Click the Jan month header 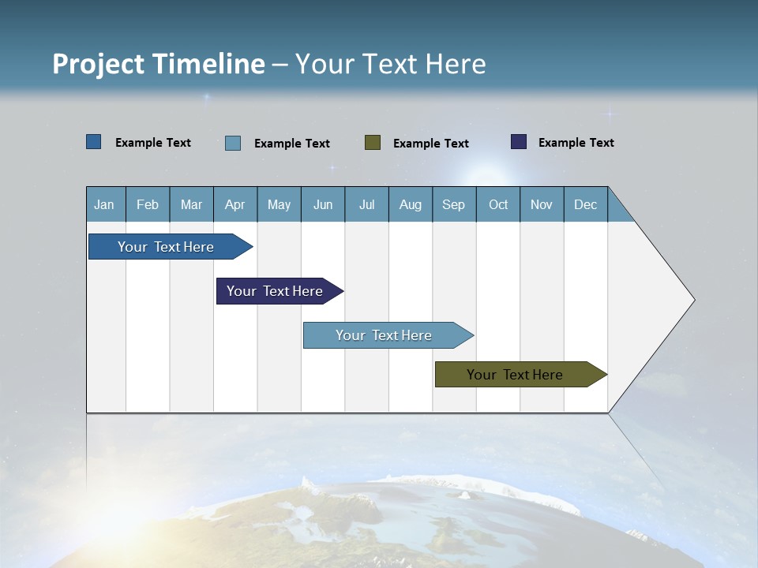click(104, 204)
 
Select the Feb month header click(148, 204)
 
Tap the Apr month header click(235, 204)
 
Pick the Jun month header click(323, 204)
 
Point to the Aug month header click(410, 204)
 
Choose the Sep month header click(453, 204)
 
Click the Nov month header click(541, 204)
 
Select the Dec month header click(585, 204)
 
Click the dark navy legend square click(519, 142)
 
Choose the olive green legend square click(373, 142)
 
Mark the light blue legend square click(233, 143)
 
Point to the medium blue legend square click(94, 142)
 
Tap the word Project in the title click(99, 64)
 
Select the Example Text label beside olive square click(430, 143)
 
